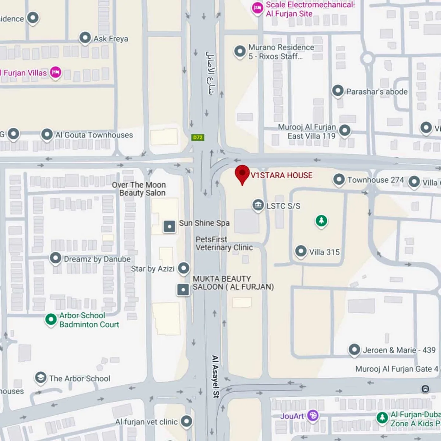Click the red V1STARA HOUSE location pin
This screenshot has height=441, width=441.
point(242,174)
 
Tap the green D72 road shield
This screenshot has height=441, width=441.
point(198,137)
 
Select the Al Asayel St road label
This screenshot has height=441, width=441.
point(215,376)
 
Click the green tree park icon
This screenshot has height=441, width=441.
point(321,220)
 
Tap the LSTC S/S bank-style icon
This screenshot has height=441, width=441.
point(258,205)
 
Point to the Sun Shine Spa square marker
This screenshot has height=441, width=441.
point(169,227)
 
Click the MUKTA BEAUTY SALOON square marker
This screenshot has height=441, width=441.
point(183,290)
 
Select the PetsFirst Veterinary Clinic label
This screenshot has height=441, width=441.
point(224,244)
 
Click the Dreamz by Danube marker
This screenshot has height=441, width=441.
point(56,258)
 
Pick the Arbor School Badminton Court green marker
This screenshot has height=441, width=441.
point(51,319)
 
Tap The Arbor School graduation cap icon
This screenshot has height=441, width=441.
point(41,378)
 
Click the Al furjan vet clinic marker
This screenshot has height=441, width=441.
point(187,421)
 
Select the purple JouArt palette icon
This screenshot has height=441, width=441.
point(313,415)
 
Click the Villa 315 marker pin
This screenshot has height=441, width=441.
point(301,251)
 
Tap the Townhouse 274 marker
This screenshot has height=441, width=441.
point(339,179)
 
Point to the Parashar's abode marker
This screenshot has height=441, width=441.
point(338,91)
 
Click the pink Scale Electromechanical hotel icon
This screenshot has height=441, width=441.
point(258,8)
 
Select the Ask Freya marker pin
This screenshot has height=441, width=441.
point(85,38)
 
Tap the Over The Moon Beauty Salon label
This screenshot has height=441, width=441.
point(139,189)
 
